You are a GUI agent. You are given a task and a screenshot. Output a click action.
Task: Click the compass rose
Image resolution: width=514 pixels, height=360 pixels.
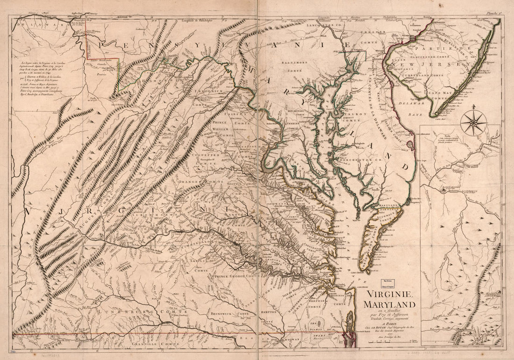[x=473, y=122]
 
